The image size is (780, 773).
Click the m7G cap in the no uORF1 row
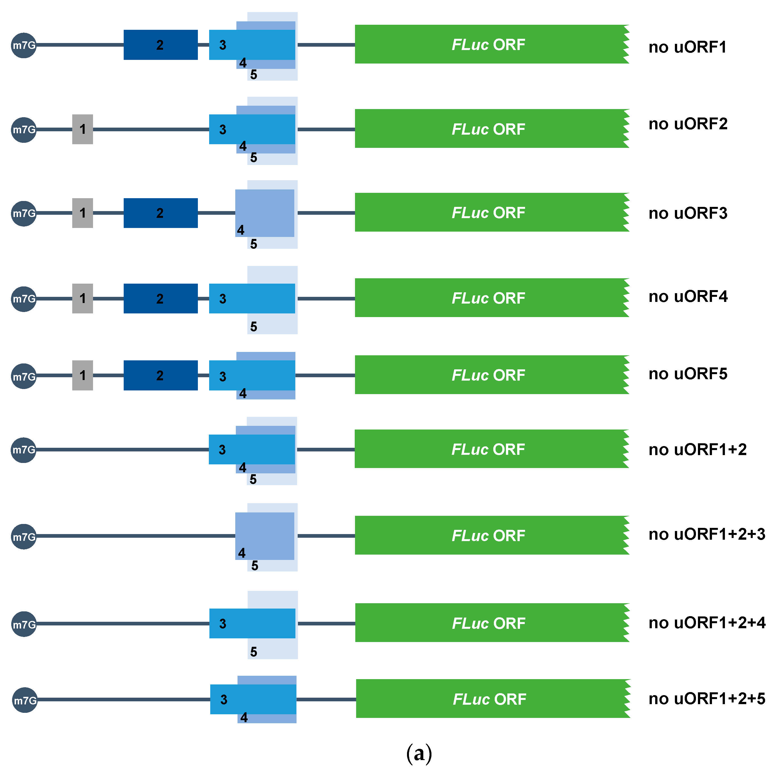(x=23, y=46)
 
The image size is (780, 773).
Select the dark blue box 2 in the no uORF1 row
(x=160, y=45)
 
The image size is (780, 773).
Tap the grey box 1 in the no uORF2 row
(x=82, y=129)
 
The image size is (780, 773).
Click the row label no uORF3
(x=688, y=213)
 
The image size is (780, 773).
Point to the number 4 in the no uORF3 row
(x=241, y=230)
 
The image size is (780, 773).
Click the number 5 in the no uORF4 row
(x=253, y=327)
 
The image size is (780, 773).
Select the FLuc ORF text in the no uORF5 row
(x=488, y=375)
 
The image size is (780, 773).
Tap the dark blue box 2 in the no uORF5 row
(x=160, y=376)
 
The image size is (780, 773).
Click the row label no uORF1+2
(x=697, y=449)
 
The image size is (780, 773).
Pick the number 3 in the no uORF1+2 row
(x=222, y=450)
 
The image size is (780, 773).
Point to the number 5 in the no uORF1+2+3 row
(x=254, y=566)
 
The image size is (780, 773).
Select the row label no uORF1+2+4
(x=707, y=623)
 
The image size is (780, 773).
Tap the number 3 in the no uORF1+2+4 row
(x=222, y=624)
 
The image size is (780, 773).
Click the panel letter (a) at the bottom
(x=419, y=753)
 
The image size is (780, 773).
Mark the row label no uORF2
(x=688, y=124)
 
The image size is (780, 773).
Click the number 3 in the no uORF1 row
(x=222, y=45)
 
